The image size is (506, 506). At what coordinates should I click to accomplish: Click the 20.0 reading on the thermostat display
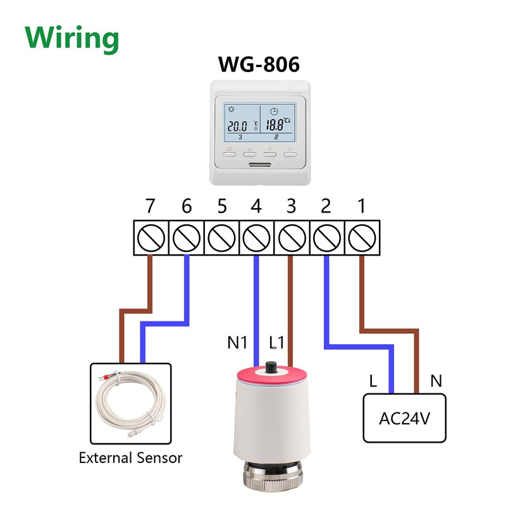point(238,126)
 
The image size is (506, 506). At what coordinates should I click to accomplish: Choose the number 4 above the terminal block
point(256,206)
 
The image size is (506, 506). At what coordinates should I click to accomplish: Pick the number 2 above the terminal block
point(326,206)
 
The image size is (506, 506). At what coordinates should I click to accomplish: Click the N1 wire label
point(237,343)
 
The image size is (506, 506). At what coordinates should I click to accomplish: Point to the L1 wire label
point(277,343)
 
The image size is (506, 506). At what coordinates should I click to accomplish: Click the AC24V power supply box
point(405,418)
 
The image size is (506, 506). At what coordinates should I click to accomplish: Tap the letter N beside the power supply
point(436,381)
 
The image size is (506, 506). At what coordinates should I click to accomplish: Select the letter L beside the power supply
point(374,381)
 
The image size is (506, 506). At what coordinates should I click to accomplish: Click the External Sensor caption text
point(130,457)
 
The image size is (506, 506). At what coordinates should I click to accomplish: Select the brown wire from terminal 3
point(291,310)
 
